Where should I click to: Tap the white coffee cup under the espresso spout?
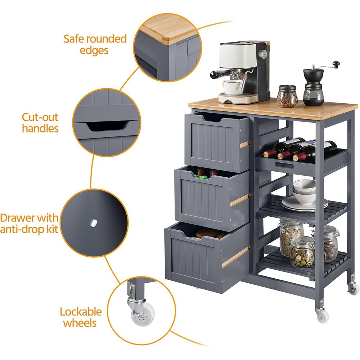click(x=232, y=87)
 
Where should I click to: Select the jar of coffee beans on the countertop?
click(x=287, y=96)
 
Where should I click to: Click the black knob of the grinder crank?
click(x=336, y=64)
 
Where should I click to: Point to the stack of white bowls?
click(x=305, y=192)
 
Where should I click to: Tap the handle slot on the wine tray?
click(x=284, y=165)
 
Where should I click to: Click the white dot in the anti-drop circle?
click(x=94, y=223)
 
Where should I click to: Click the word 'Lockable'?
click(x=81, y=312)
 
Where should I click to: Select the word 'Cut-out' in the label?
click(x=40, y=117)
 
